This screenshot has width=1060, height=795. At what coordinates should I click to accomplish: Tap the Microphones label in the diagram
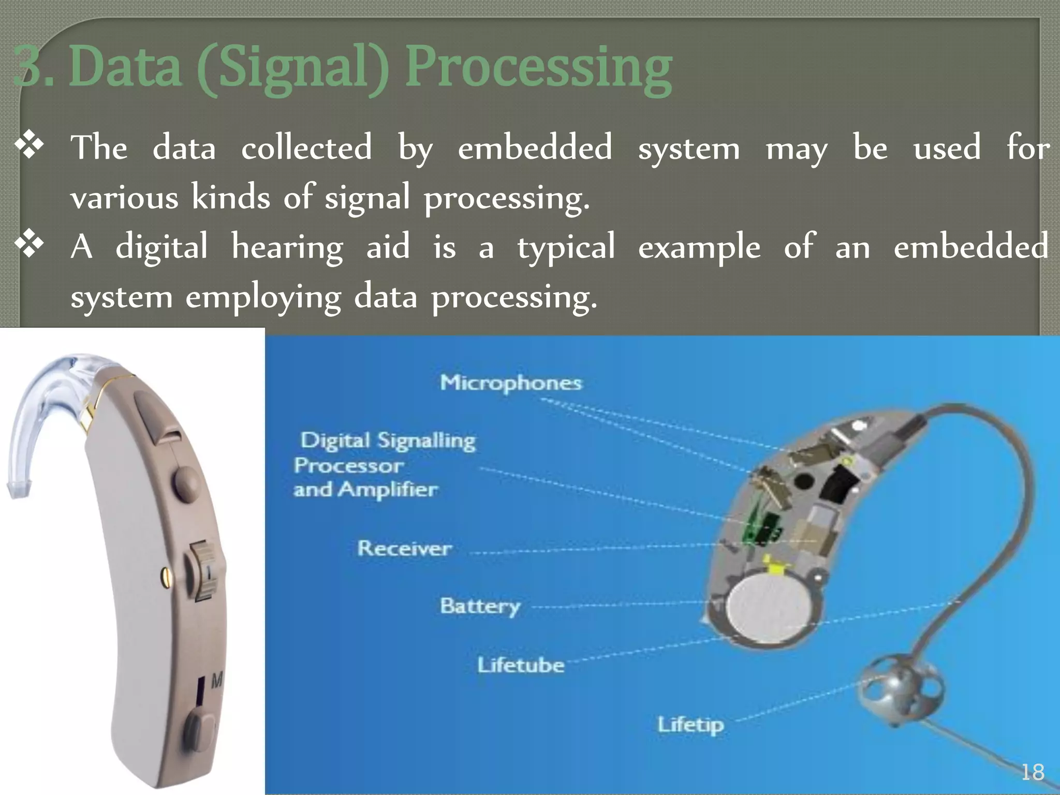point(511,383)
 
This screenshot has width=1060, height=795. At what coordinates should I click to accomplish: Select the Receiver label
point(404,548)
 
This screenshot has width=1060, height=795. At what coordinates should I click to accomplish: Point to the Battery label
point(480,606)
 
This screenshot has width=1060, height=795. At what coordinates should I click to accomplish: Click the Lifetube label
point(521,665)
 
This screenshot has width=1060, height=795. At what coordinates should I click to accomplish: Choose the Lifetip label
point(690,725)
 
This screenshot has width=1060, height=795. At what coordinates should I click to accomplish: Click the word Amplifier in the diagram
point(388,490)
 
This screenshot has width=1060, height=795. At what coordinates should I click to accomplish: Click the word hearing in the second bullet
point(287,247)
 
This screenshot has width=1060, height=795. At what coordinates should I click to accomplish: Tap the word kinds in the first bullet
point(230,197)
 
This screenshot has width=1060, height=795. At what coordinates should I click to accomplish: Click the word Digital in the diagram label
point(335,440)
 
